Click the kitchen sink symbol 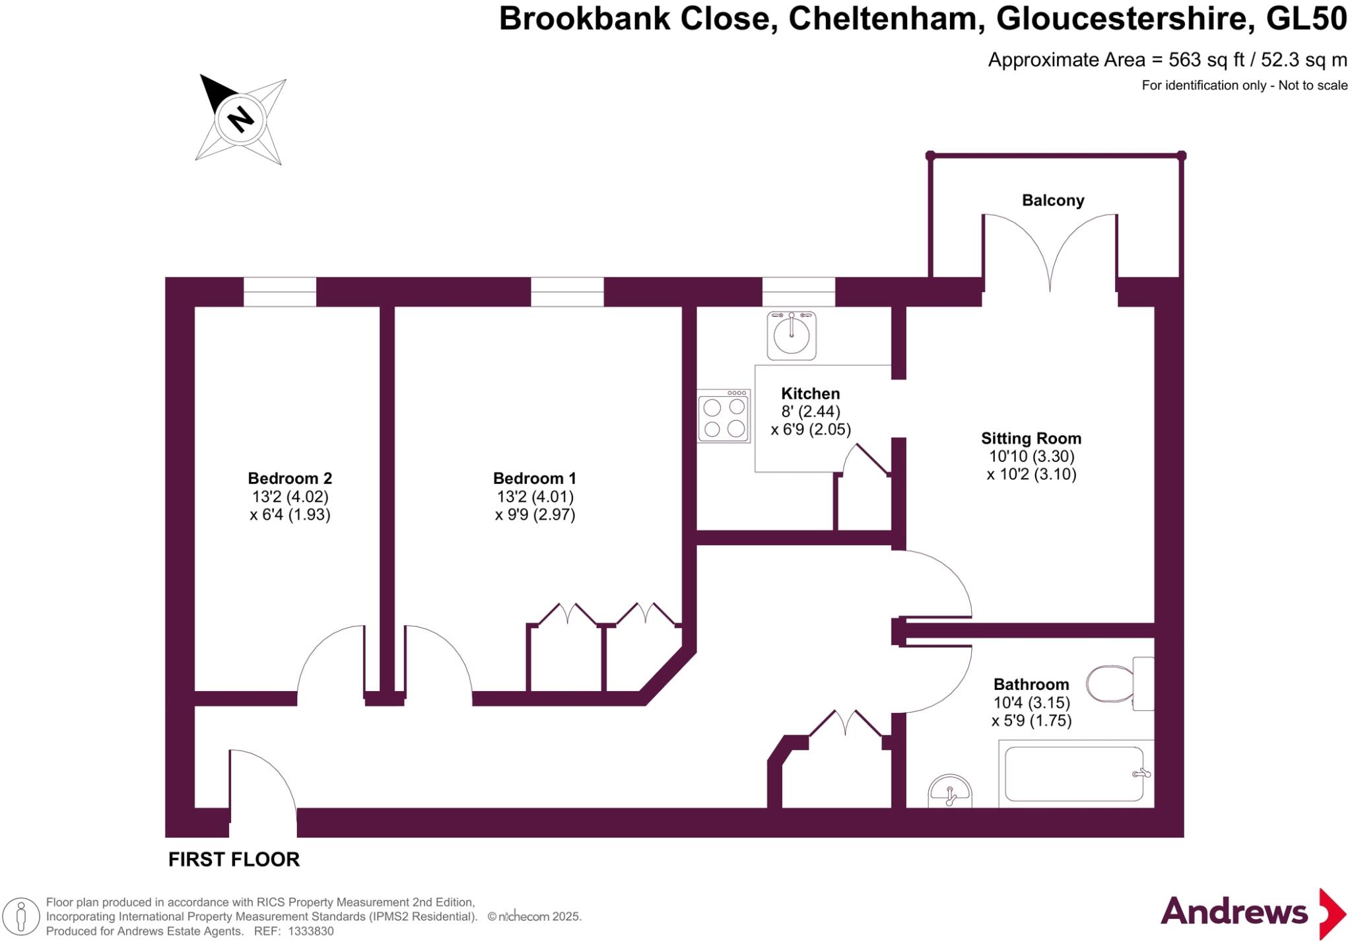click(791, 335)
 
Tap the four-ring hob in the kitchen click(724, 416)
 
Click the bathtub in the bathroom click(1074, 773)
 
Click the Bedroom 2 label click(290, 478)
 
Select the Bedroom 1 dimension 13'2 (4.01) click(535, 496)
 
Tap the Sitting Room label click(1031, 438)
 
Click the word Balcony click(1053, 200)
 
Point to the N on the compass click(240, 119)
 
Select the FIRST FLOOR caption click(234, 859)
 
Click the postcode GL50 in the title click(1306, 18)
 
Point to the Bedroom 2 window click(280, 292)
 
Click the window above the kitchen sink click(798, 292)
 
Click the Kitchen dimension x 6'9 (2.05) click(811, 430)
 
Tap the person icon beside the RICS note click(21, 917)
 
